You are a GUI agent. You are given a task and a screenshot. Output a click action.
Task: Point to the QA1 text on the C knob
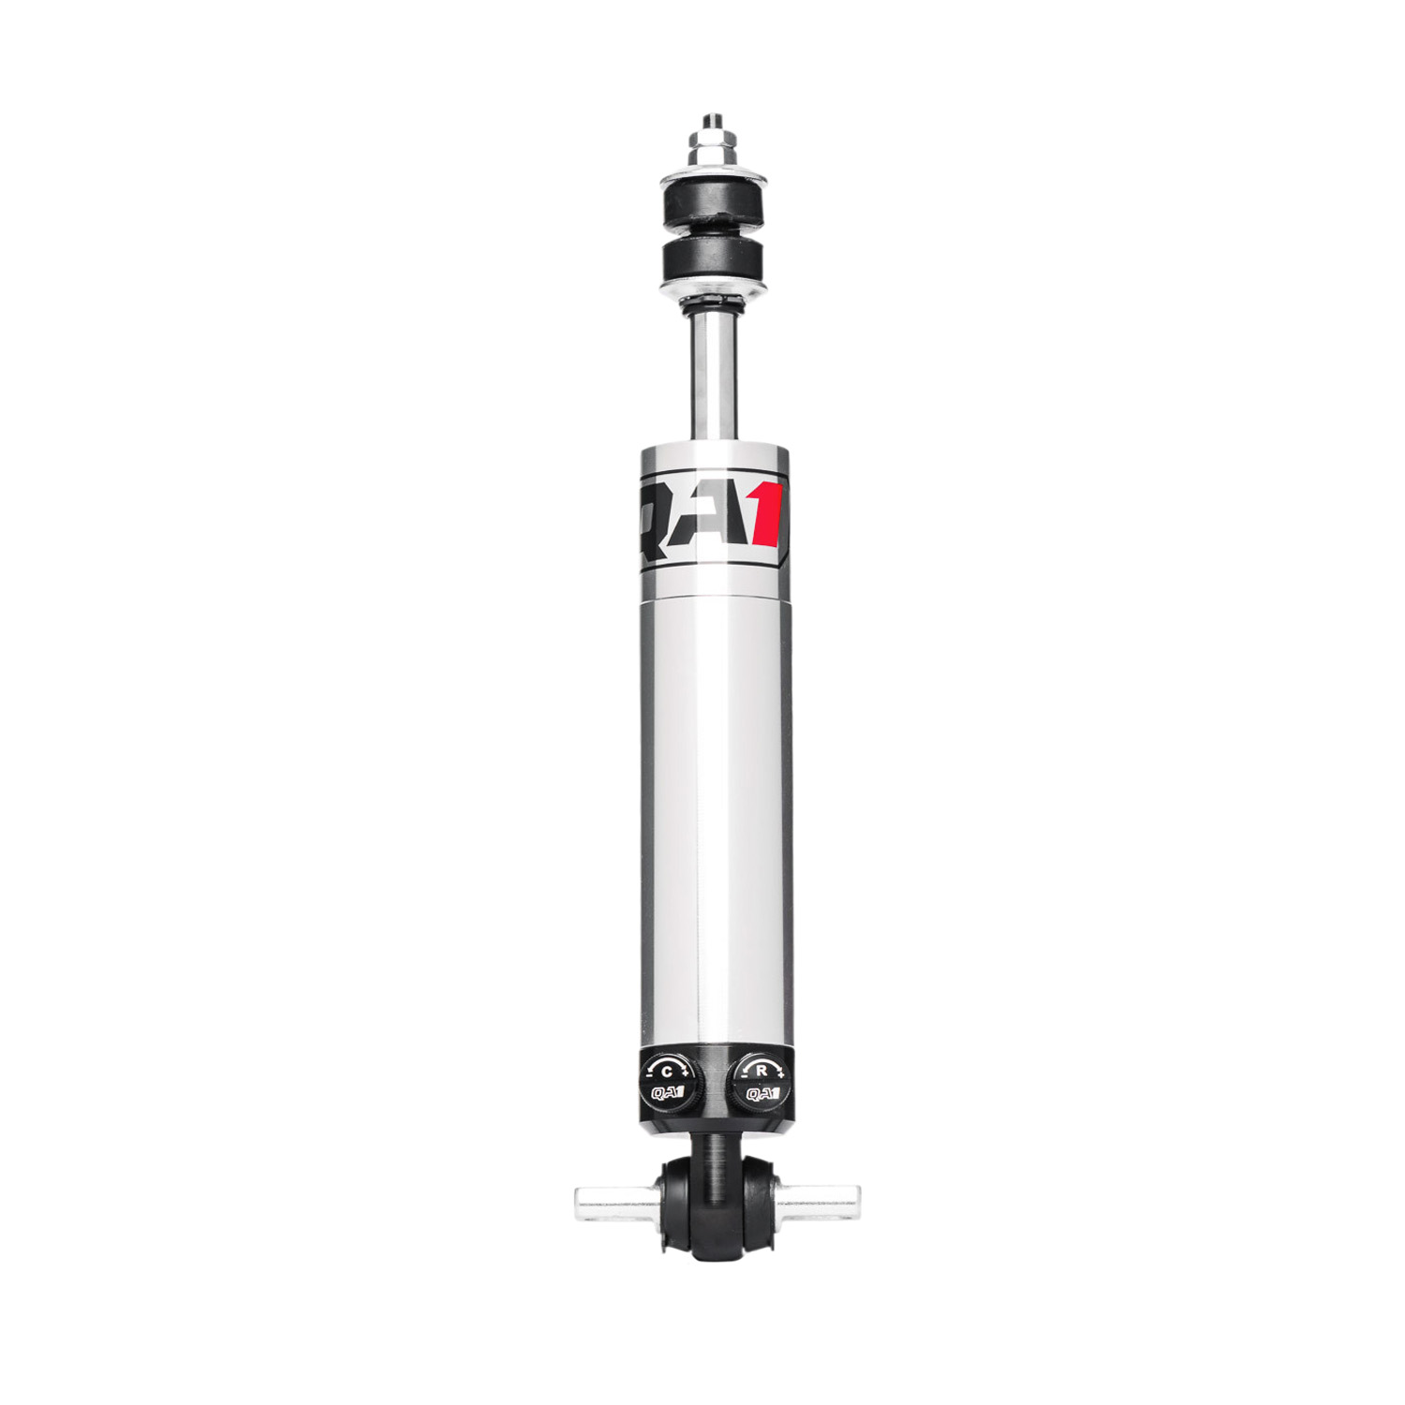(x=667, y=1092)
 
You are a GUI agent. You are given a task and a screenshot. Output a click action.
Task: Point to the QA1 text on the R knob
(x=762, y=1092)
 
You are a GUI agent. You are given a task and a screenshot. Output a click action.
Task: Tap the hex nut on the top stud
(x=711, y=148)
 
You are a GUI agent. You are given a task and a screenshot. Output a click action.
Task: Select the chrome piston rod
(x=714, y=375)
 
